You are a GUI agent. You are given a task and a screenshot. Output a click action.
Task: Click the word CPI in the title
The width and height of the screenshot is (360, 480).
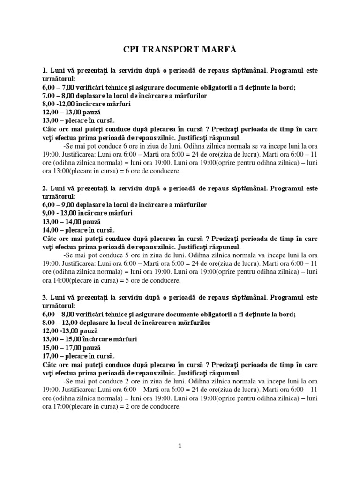(x=131, y=49)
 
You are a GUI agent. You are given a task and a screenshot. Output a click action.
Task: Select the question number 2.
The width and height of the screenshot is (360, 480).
(x=44, y=188)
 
